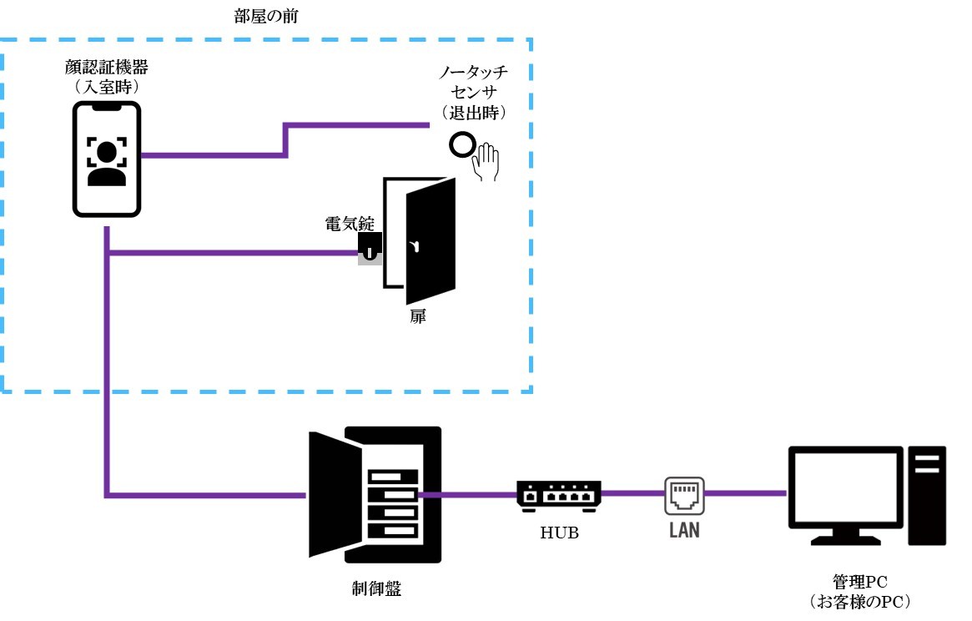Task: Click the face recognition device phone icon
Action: pyautogui.click(x=106, y=159)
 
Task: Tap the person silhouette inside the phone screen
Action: pyautogui.click(x=106, y=163)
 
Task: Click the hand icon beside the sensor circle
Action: pyautogui.click(x=485, y=162)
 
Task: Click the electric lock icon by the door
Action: pyautogui.click(x=369, y=247)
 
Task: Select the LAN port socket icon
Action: pyautogui.click(x=684, y=494)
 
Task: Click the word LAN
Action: pyautogui.click(x=684, y=530)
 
